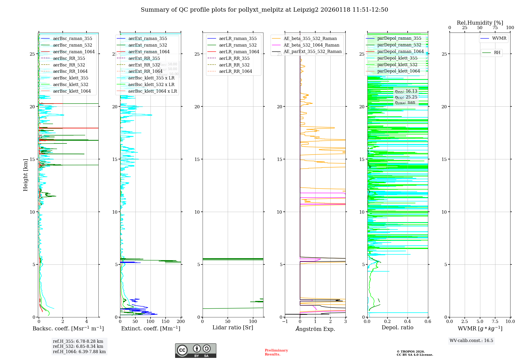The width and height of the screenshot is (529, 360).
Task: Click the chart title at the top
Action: (264, 10)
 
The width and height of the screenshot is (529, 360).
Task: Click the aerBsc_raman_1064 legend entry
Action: (74, 52)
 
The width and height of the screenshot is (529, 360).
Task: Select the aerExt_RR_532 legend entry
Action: (144, 65)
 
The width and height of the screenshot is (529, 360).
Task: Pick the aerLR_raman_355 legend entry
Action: (238, 39)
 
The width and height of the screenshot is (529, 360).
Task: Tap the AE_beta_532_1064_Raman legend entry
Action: (311, 45)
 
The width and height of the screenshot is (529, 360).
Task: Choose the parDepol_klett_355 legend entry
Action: (397, 58)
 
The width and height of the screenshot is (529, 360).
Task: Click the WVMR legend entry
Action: (499, 38)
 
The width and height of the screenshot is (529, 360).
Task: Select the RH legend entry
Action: (497, 53)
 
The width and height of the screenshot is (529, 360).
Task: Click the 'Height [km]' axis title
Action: (25, 175)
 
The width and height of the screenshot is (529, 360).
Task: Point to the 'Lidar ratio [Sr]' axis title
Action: (232, 327)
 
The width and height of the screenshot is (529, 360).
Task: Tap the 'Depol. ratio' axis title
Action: (397, 327)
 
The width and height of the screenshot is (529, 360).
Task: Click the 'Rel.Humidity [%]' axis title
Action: (480, 23)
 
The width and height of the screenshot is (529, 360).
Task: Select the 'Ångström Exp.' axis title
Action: (315, 329)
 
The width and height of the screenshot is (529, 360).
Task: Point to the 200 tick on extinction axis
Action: (181, 322)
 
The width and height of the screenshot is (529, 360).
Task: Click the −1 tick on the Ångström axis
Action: (285, 322)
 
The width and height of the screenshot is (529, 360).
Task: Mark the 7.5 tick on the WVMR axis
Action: (495, 322)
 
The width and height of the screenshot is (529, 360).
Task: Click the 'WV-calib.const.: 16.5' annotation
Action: (471, 341)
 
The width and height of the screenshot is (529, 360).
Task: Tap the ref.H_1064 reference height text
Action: (79, 352)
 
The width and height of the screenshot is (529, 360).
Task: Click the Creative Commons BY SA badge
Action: (195, 350)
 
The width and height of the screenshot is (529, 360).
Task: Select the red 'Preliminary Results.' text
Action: (276, 352)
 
